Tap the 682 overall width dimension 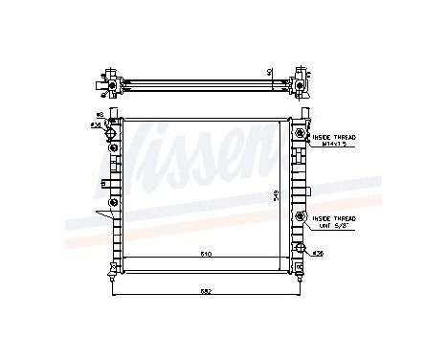[x=206, y=290]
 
